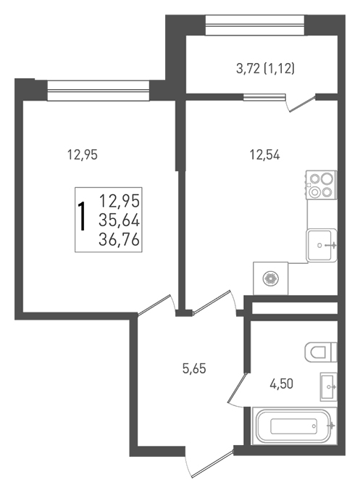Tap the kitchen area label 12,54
coord(264,155)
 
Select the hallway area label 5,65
coord(194,368)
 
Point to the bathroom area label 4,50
coord(281,384)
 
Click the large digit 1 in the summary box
coord(83,217)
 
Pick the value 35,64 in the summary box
coord(119,220)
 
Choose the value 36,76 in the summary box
coord(119,240)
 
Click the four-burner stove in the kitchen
coord(321,185)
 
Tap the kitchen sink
coord(322,245)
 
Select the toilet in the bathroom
coord(321,352)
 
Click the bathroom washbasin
coord(329,386)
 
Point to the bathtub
coord(295,426)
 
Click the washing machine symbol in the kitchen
coord(270,278)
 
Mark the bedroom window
coord(99,91)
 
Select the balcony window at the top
coord(255,25)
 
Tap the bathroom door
coord(236,389)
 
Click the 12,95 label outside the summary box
coord(83,154)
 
